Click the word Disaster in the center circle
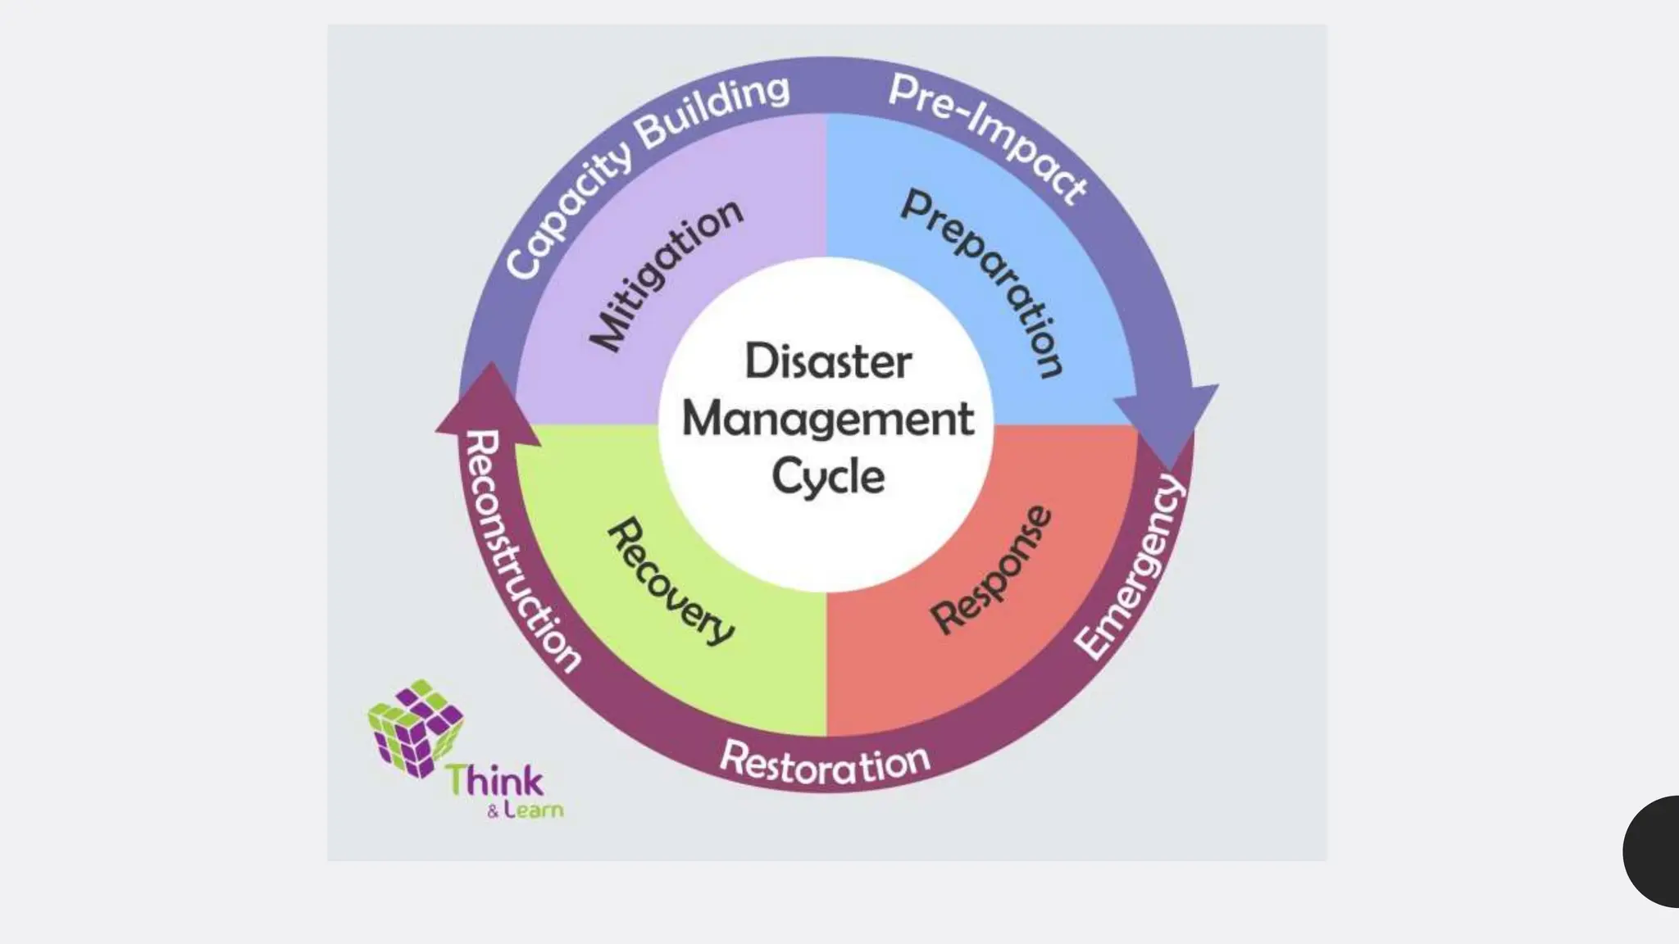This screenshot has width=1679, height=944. coord(827,361)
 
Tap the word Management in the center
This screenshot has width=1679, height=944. coord(827,420)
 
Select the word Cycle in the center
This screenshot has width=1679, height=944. coord(828,476)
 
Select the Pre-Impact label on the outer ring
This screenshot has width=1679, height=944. coord(988,136)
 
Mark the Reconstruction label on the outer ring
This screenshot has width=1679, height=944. coord(521,550)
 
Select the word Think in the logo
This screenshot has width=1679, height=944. coord(494,780)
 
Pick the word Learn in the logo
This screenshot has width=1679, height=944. coord(534,810)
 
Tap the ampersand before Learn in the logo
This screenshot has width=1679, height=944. coord(493,813)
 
